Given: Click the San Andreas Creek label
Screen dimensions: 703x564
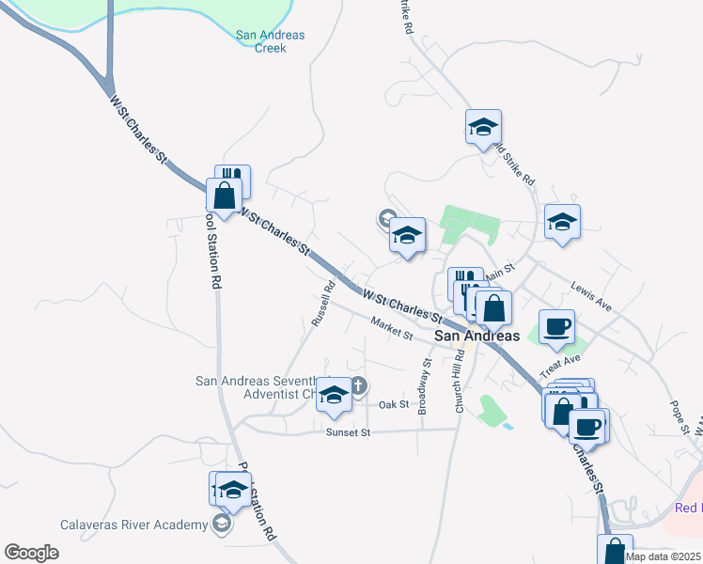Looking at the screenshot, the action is [x=271, y=40].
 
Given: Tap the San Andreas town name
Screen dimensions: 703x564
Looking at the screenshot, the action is [x=476, y=336].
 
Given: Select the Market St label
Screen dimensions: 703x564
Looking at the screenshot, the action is [x=392, y=328].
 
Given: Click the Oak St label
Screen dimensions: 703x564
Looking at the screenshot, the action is [x=394, y=404].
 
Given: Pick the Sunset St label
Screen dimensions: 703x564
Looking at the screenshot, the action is [x=349, y=432].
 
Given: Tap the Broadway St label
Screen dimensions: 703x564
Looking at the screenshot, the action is [x=425, y=385].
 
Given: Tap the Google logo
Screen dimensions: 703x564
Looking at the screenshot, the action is [x=31, y=553].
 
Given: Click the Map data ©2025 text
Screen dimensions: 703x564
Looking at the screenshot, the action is [x=664, y=556].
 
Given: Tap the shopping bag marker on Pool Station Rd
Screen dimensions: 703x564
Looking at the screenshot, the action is [x=224, y=197].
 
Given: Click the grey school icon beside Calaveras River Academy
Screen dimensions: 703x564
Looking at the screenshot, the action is [x=221, y=525].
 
